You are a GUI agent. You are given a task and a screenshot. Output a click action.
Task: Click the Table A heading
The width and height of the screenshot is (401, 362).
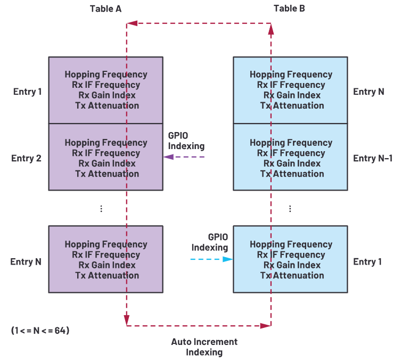click(x=105, y=9)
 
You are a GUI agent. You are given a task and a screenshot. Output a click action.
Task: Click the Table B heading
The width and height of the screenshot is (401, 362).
click(x=289, y=9)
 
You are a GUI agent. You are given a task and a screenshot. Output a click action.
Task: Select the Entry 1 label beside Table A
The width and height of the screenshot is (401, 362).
click(x=28, y=92)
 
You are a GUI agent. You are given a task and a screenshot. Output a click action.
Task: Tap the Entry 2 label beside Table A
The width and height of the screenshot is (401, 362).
click(x=27, y=158)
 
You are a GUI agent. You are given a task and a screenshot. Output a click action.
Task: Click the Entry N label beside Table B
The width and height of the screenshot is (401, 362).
click(x=369, y=92)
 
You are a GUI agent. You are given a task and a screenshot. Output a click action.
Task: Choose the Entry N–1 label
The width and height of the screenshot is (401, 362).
click(x=373, y=158)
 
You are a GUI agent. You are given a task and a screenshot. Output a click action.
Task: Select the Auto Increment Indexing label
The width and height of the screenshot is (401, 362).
click(x=204, y=347)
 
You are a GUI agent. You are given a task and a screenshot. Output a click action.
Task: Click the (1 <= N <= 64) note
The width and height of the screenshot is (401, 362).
click(x=40, y=330)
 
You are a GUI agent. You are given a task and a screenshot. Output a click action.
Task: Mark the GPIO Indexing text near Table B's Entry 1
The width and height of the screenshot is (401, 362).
click(x=210, y=242)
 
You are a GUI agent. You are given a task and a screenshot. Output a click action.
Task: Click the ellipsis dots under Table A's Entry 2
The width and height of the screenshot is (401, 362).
click(x=101, y=209)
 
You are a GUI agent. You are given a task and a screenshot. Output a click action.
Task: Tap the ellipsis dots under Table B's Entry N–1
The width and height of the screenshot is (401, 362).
click(x=290, y=209)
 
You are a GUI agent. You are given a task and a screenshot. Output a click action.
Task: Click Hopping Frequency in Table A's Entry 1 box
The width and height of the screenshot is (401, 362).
click(x=106, y=75)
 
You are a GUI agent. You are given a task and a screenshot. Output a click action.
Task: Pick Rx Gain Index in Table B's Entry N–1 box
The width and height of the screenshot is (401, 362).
click(x=291, y=163)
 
